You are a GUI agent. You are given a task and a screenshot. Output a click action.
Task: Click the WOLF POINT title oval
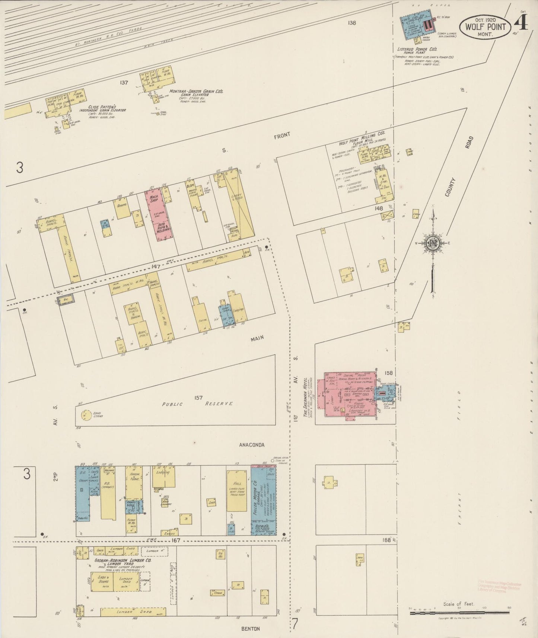click(x=484, y=27)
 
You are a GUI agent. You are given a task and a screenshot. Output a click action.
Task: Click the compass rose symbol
click(x=433, y=243)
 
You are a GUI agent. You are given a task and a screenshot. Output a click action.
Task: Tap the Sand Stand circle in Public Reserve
click(x=86, y=414)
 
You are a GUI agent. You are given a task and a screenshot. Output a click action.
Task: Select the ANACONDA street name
click(x=251, y=445)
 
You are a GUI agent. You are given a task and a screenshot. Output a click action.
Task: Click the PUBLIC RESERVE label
click(x=197, y=404)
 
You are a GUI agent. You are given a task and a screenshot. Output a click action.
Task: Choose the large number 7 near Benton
click(x=295, y=623)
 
